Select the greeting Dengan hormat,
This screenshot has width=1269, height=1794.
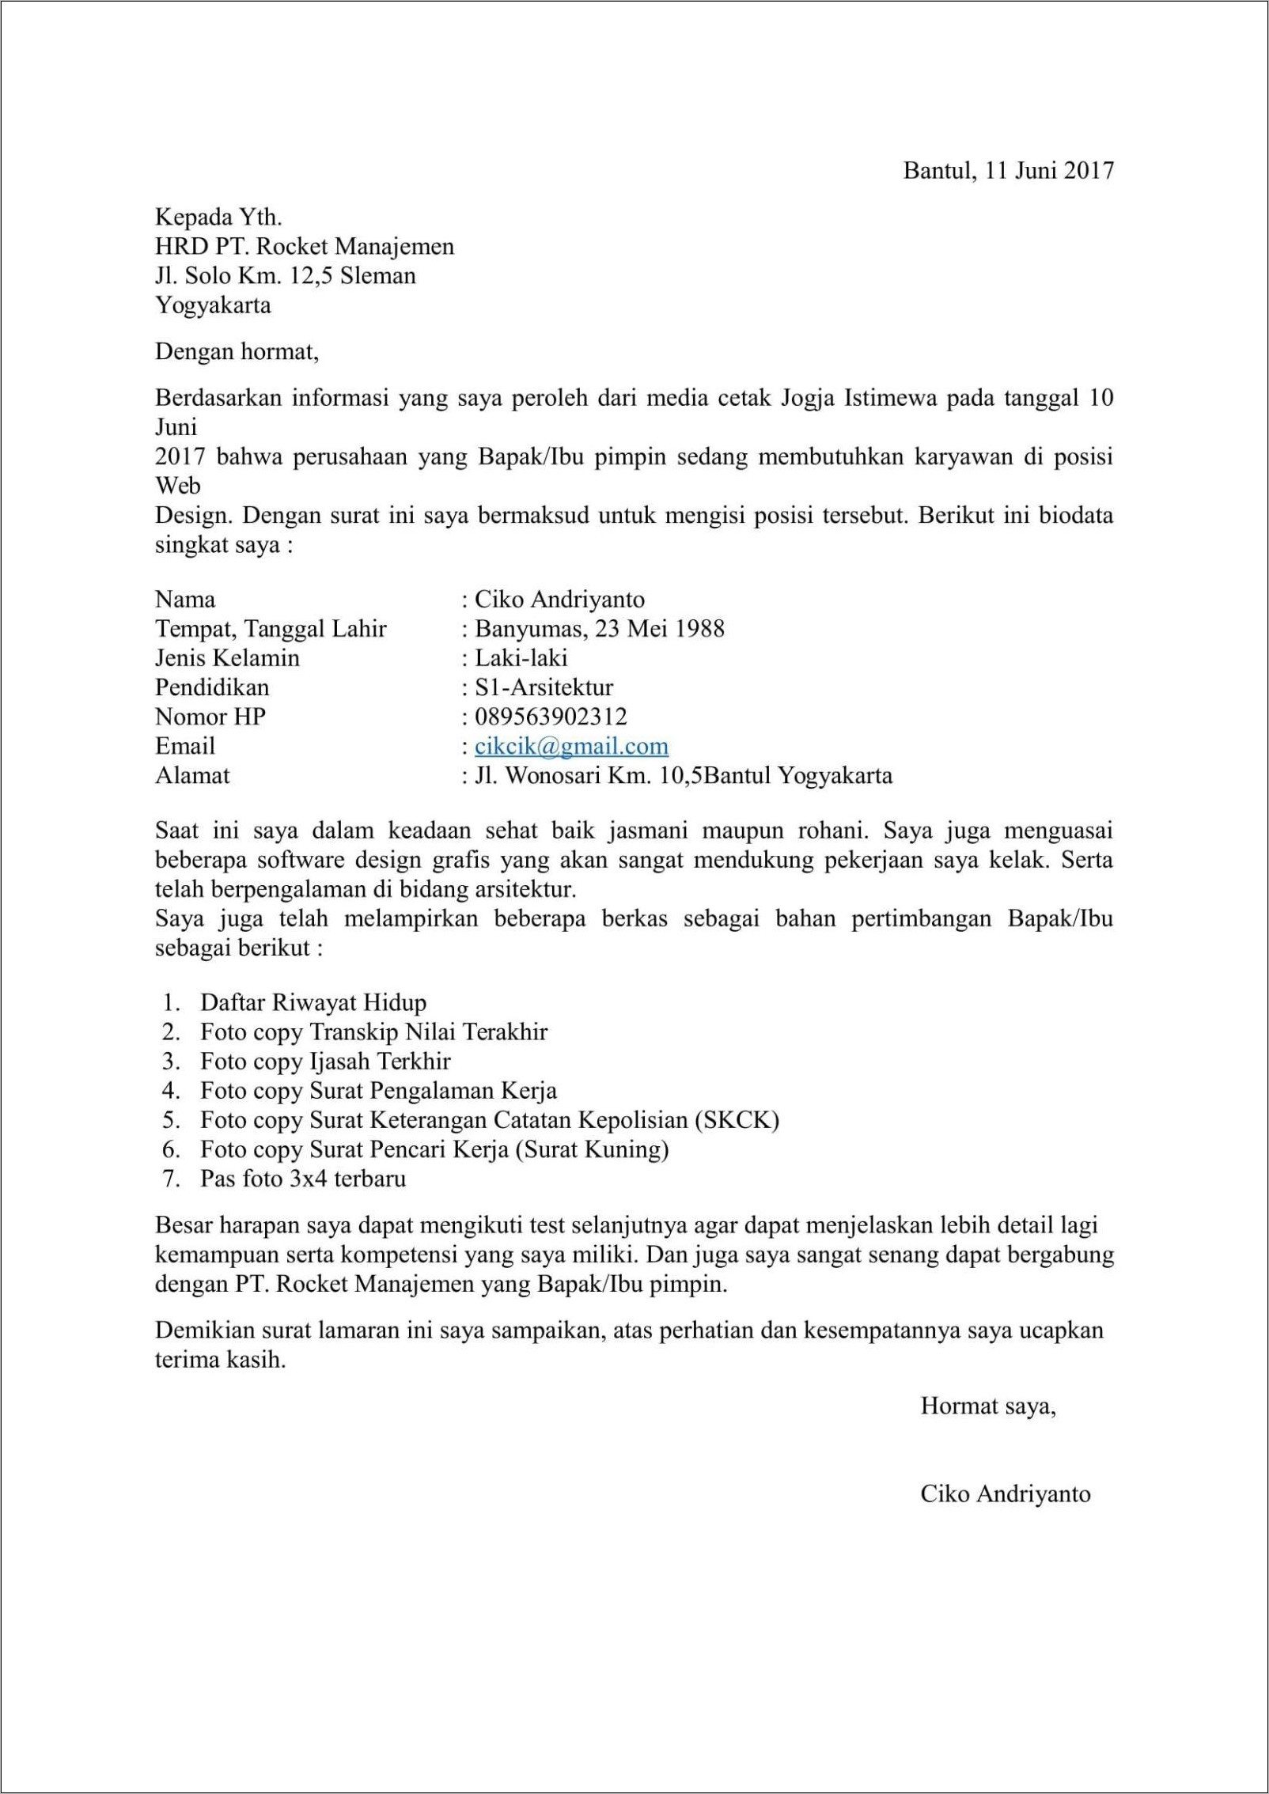tap(237, 351)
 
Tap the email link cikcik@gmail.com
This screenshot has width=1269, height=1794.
tap(571, 746)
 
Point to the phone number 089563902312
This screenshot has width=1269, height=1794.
tap(551, 717)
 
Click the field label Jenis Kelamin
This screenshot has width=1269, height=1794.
tap(227, 658)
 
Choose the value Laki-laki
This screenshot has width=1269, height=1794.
tap(521, 658)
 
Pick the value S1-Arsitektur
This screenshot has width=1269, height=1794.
tap(544, 687)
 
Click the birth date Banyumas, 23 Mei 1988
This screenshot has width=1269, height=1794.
tap(599, 629)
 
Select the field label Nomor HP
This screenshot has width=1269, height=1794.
tap(210, 717)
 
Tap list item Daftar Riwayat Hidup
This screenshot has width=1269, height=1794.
tap(313, 1003)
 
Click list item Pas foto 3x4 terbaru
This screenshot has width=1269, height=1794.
tap(303, 1179)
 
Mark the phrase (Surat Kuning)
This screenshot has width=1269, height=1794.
tap(592, 1149)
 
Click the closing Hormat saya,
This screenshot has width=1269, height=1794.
tap(988, 1406)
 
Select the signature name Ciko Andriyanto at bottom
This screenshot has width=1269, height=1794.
tap(1006, 1494)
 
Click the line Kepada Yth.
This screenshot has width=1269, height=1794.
tap(218, 217)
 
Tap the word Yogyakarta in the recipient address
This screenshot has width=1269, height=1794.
tap(213, 305)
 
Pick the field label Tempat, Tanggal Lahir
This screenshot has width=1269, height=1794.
tap(271, 629)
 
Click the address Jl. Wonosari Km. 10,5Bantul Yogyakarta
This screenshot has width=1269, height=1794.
tap(683, 775)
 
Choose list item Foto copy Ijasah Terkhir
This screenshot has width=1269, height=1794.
tap(325, 1062)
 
